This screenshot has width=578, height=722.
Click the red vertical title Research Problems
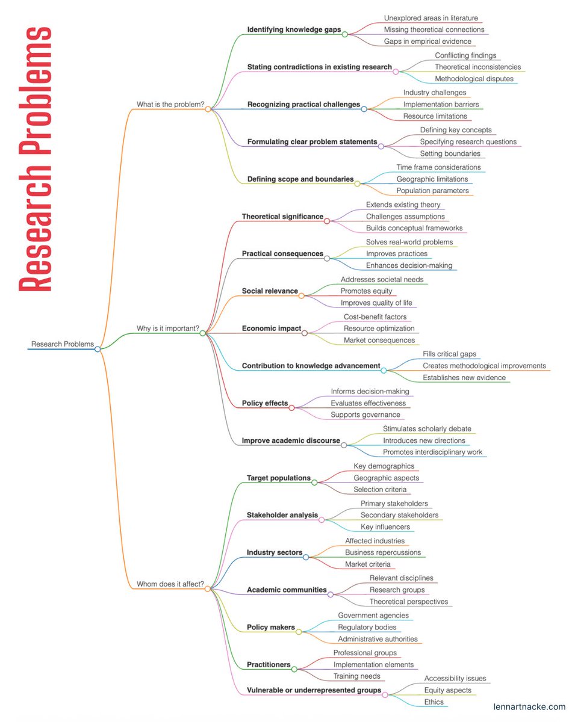coord(35,159)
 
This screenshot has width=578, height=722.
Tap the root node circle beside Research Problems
coord(98,349)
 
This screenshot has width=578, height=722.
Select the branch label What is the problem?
coord(170,105)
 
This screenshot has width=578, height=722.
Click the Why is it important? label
coord(168,329)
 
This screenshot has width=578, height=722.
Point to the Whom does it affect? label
coord(170,584)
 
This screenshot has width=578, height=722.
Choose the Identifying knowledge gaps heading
coord(294,29)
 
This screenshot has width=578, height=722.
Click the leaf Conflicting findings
coord(465,55)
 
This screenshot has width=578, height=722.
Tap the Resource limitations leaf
coord(435,116)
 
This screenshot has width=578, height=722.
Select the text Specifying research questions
coord(468,142)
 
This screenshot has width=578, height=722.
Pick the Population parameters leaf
coord(432,191)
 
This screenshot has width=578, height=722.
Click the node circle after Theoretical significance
coord(327,221)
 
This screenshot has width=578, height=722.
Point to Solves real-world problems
coord(409,242)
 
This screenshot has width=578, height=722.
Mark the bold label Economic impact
coord(271,329)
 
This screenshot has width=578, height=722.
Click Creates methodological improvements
coord(484,366)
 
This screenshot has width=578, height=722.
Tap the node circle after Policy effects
coord(292,408)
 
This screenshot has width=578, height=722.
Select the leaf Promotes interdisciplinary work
coord(432,452)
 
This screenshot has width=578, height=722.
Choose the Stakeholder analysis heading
coord(282,515)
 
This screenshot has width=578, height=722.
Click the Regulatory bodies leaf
coord(367,628)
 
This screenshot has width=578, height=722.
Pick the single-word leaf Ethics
coord(433,702)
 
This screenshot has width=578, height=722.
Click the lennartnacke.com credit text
coord(529,707)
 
